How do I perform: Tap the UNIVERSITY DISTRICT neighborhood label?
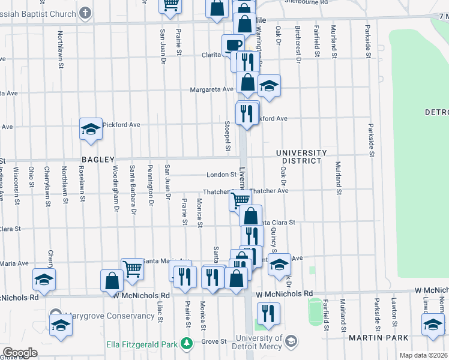(x=301, y=157)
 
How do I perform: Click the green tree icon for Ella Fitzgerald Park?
(x=187, y=343)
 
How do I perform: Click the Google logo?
(x=20, y=352)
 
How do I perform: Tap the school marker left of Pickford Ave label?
(x=91, y=128)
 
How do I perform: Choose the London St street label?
(x=221, y=175)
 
